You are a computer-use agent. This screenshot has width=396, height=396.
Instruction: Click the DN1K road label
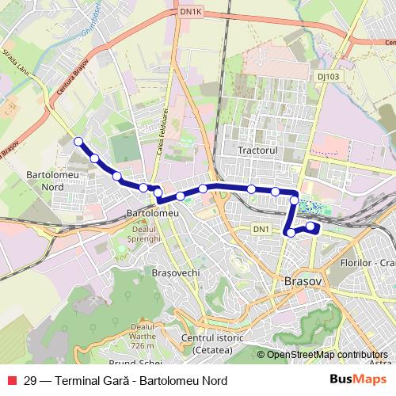[192, 11]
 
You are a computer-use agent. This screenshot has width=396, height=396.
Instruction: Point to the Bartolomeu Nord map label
[45, 179]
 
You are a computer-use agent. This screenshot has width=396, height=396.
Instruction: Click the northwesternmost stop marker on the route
[78, 142]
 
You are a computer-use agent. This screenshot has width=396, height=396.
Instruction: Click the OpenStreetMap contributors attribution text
[326, 356]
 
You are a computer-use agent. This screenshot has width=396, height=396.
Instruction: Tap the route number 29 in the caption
[31, 380]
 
